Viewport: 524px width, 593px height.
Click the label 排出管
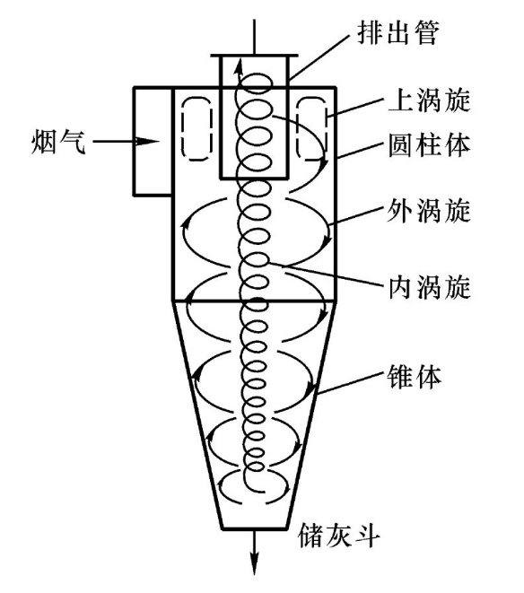coord(398,32)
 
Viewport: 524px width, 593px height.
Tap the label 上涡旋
coord(430,100)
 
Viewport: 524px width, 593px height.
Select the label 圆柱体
coord(430,144)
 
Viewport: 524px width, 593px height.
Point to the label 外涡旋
coord(429,210)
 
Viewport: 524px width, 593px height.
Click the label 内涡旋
coord(430,287)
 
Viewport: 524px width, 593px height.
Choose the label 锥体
coord(415,377)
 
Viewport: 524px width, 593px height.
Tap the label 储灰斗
coord(338,535)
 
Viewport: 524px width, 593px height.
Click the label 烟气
coord(58,142)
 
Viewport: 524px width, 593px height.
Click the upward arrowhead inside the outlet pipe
coord(239,66)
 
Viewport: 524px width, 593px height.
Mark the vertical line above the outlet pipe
coord(254,37)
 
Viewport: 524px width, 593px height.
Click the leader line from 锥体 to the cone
coord(349,383)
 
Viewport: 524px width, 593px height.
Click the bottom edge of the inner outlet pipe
coord(254,178)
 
